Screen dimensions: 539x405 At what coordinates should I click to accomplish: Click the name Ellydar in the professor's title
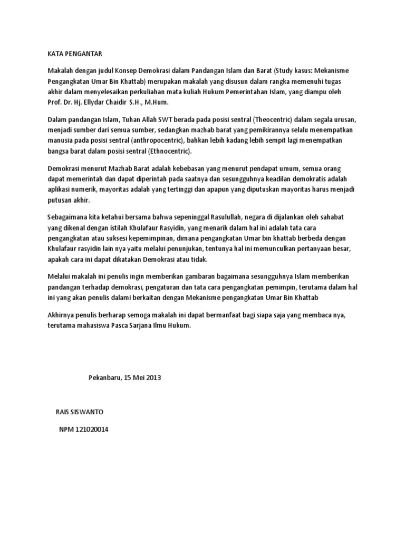104,102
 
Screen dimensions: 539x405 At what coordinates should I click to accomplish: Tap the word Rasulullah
216,217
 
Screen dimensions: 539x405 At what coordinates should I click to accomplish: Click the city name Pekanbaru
105,378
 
